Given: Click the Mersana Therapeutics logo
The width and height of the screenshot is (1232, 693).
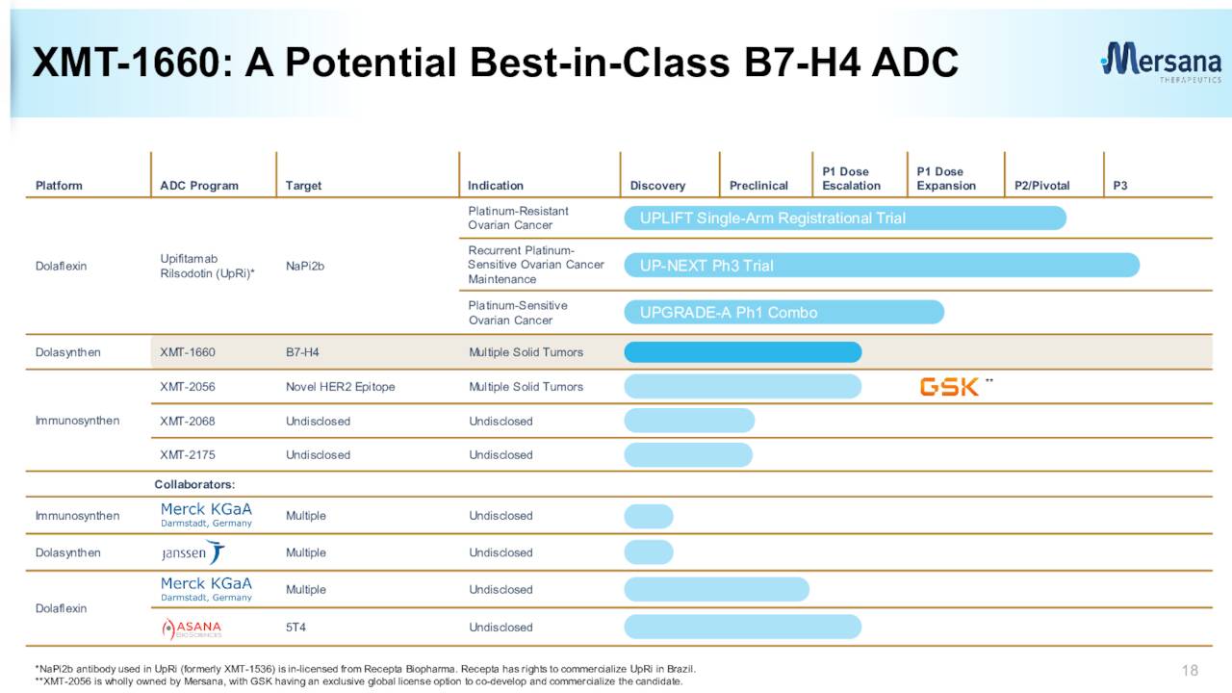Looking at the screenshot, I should point(1161,63).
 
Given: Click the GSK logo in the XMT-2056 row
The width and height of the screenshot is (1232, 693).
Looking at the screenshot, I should point(949,387).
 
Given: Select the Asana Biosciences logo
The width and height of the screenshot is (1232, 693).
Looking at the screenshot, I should point(192,629).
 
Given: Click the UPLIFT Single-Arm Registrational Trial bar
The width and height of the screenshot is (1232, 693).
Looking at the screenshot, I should point(845,218).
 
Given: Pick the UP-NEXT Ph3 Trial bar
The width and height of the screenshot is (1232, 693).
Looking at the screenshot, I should point(882,266).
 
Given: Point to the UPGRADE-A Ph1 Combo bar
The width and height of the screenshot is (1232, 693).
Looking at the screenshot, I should point(783,312).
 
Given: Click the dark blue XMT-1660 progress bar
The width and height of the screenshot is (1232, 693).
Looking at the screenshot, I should point(742,352).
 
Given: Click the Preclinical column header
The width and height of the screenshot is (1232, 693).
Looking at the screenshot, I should point(758,186).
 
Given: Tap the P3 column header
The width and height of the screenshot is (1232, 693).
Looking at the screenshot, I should point(1120,186).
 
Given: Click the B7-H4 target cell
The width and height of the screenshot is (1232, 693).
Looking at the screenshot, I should point(302,352).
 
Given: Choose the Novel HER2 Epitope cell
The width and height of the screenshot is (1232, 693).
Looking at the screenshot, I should point(340,387).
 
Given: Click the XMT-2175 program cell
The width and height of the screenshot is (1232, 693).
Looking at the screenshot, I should point(188,455).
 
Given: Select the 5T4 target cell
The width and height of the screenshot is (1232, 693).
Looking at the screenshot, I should point(295,628).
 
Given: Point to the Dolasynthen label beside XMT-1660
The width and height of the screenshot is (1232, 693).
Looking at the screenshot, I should point(67,352).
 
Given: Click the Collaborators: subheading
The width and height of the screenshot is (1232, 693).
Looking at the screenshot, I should point(194,484).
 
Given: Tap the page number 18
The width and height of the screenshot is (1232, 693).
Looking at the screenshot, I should point(1190,670).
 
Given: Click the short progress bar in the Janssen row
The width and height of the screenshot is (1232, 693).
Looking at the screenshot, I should point(649,552).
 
